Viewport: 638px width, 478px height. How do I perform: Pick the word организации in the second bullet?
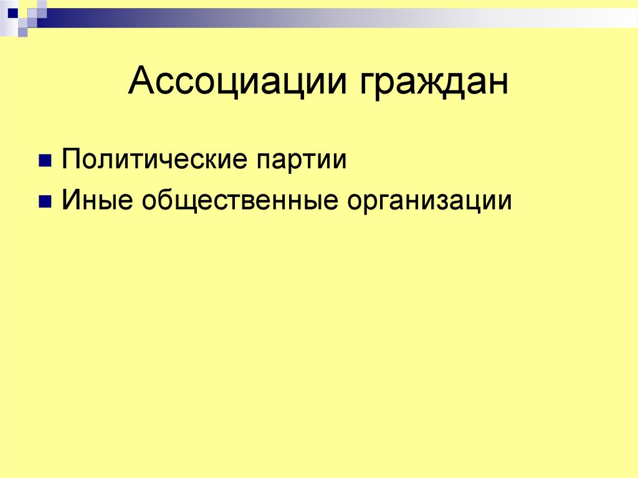coord(429,202)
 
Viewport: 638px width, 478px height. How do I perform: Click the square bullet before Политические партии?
coord(45,161)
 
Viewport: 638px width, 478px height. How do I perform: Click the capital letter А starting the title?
coord(141,82)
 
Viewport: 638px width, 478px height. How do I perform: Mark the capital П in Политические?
coord(70,160)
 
